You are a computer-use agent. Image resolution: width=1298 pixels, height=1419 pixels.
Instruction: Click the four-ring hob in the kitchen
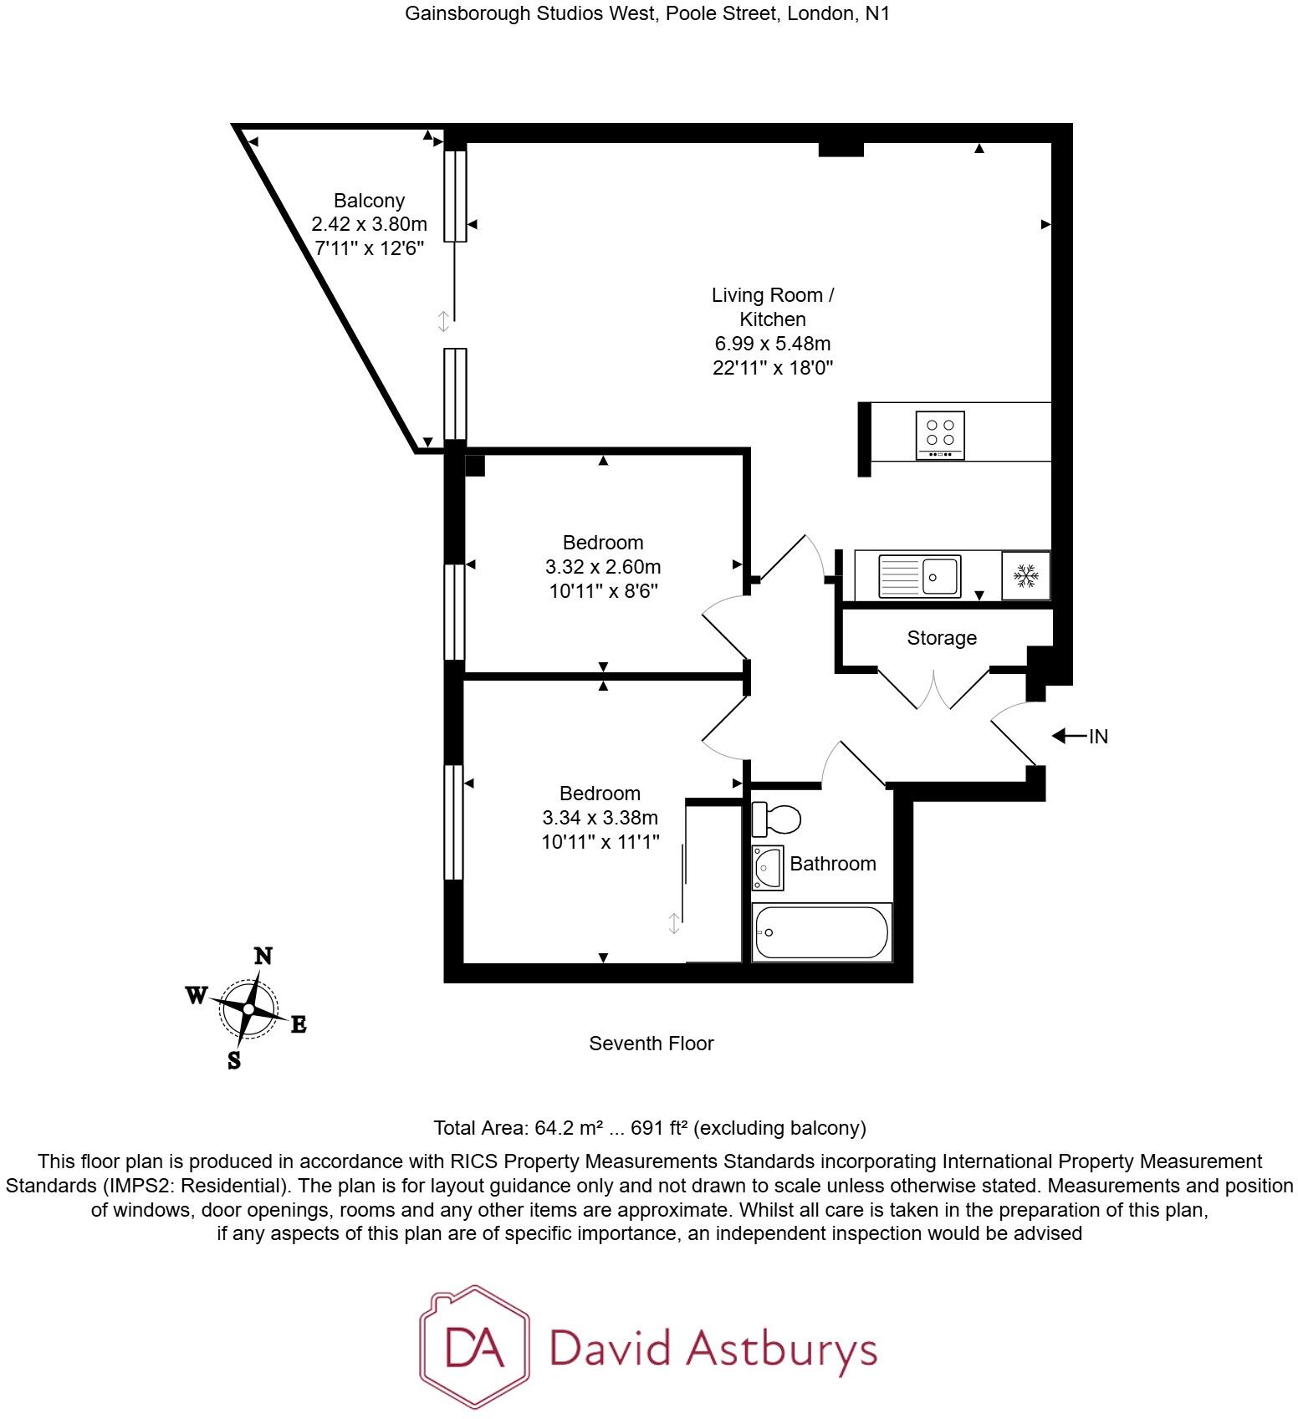tap(940, 435)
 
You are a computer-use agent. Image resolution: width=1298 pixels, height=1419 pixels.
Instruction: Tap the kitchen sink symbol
tap(919, 575)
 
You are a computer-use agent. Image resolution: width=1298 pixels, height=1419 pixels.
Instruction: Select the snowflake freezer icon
tap(1025, 575)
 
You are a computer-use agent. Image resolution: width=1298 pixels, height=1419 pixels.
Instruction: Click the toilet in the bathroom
tap(775, 819)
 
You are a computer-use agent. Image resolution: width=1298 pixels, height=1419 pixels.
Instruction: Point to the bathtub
tap(821, 932)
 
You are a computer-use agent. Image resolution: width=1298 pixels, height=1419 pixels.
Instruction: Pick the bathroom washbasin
tap(767, 867)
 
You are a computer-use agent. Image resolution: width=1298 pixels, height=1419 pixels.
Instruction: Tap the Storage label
tap(942, 638)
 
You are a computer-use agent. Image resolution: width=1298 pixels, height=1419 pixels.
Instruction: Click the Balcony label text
tap(369, 201)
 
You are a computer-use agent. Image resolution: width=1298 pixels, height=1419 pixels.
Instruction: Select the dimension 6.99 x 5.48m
tap(772, 344)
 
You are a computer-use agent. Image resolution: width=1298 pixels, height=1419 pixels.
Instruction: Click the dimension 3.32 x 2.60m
tap(602, 567)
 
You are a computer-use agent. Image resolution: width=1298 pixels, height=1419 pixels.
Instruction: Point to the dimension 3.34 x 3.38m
tap(600, 818)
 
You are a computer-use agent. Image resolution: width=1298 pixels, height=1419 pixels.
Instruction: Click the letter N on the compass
tap(263, 956)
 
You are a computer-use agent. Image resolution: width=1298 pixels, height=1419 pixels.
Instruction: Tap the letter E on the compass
tap(298, 1024)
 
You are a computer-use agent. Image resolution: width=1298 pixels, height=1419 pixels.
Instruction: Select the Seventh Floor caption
tap(651, 1044)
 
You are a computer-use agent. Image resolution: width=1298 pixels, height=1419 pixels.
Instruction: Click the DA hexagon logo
tap(474, 1346)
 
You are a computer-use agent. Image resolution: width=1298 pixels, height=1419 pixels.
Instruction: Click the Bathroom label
tap(832, 864)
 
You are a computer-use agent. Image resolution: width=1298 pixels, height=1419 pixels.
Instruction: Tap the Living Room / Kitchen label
tap(772, 307)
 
